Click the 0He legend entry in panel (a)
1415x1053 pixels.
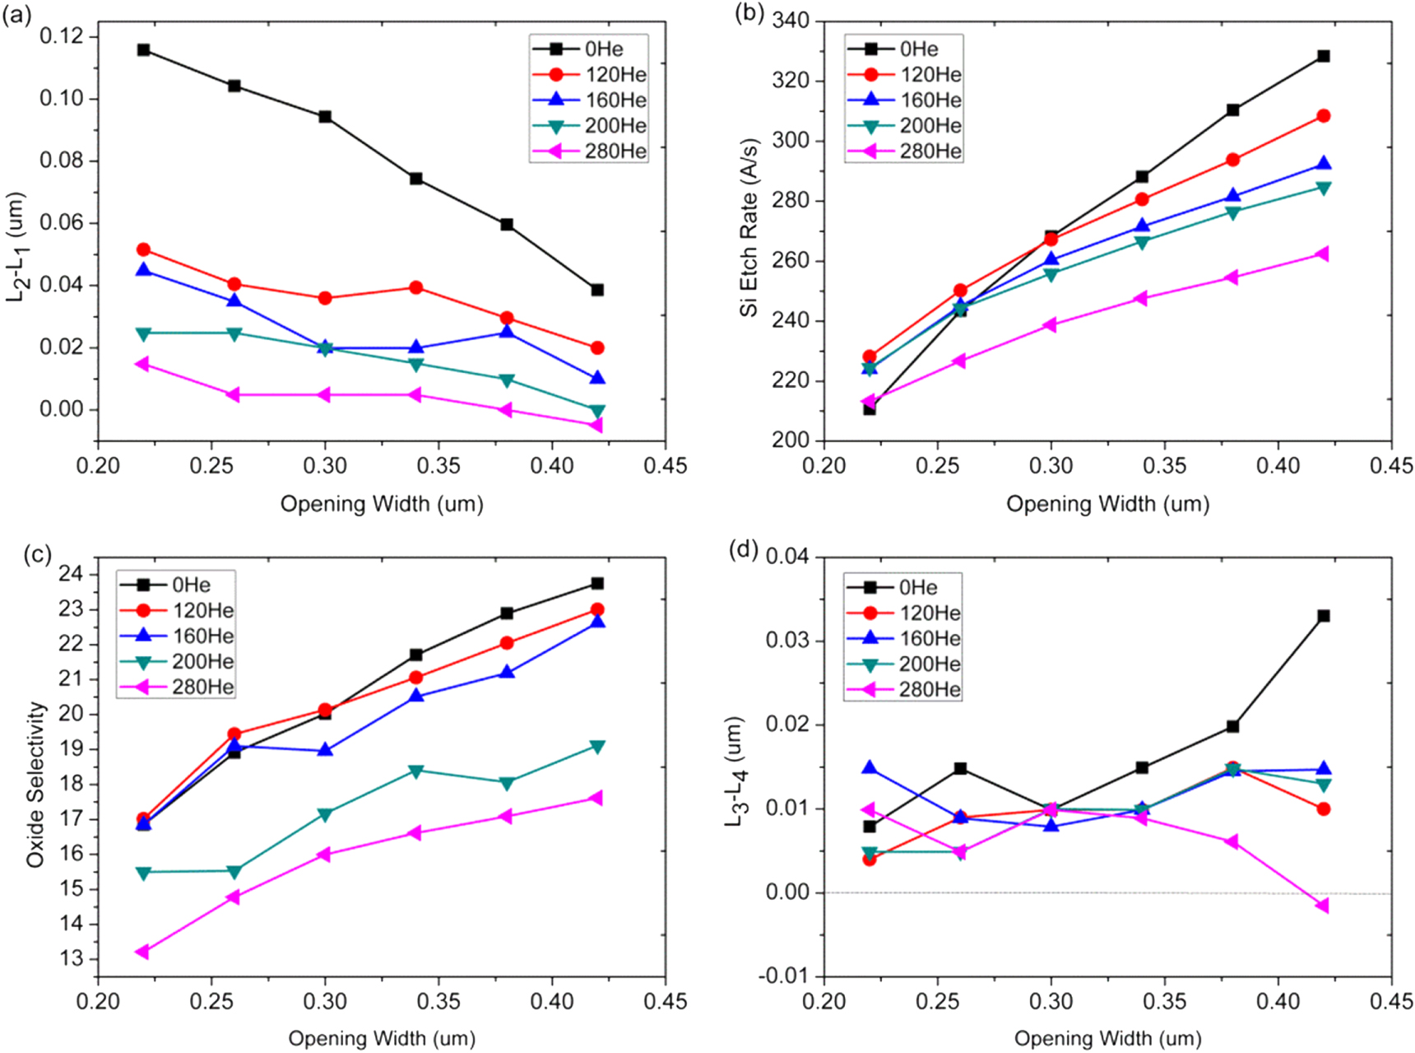[x=588, y=49]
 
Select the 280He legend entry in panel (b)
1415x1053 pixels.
[x=903, y=151]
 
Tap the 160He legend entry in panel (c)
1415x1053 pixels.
[x=177, y=636]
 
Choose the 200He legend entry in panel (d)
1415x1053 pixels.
[x=902, y=664]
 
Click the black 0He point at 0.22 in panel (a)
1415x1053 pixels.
[x=144, y=50]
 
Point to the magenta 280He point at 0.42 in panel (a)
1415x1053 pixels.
[x=596, y=425]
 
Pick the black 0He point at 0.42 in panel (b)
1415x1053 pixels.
[x=1323, y=56]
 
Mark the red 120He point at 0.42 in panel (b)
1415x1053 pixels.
[x=1323, y=116]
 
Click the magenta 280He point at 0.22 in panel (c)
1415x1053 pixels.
[x=143, y=952]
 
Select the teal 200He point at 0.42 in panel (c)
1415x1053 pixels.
[x=597, y=747]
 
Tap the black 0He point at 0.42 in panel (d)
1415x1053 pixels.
[x=1323, y=616]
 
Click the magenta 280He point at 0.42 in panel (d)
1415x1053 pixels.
[x=1323, y=906]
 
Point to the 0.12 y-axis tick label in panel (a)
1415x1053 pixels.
[x=62, y=35]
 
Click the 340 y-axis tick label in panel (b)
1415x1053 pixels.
[x=790, y=21]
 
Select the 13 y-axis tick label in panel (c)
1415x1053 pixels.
[x=72, y=958]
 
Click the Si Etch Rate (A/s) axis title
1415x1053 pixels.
[x=749, y=228]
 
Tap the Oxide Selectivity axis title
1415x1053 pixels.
[x=35, y=784]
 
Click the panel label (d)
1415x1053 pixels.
[x=744, y=550]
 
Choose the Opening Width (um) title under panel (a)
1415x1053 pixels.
[x=382, y=504]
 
